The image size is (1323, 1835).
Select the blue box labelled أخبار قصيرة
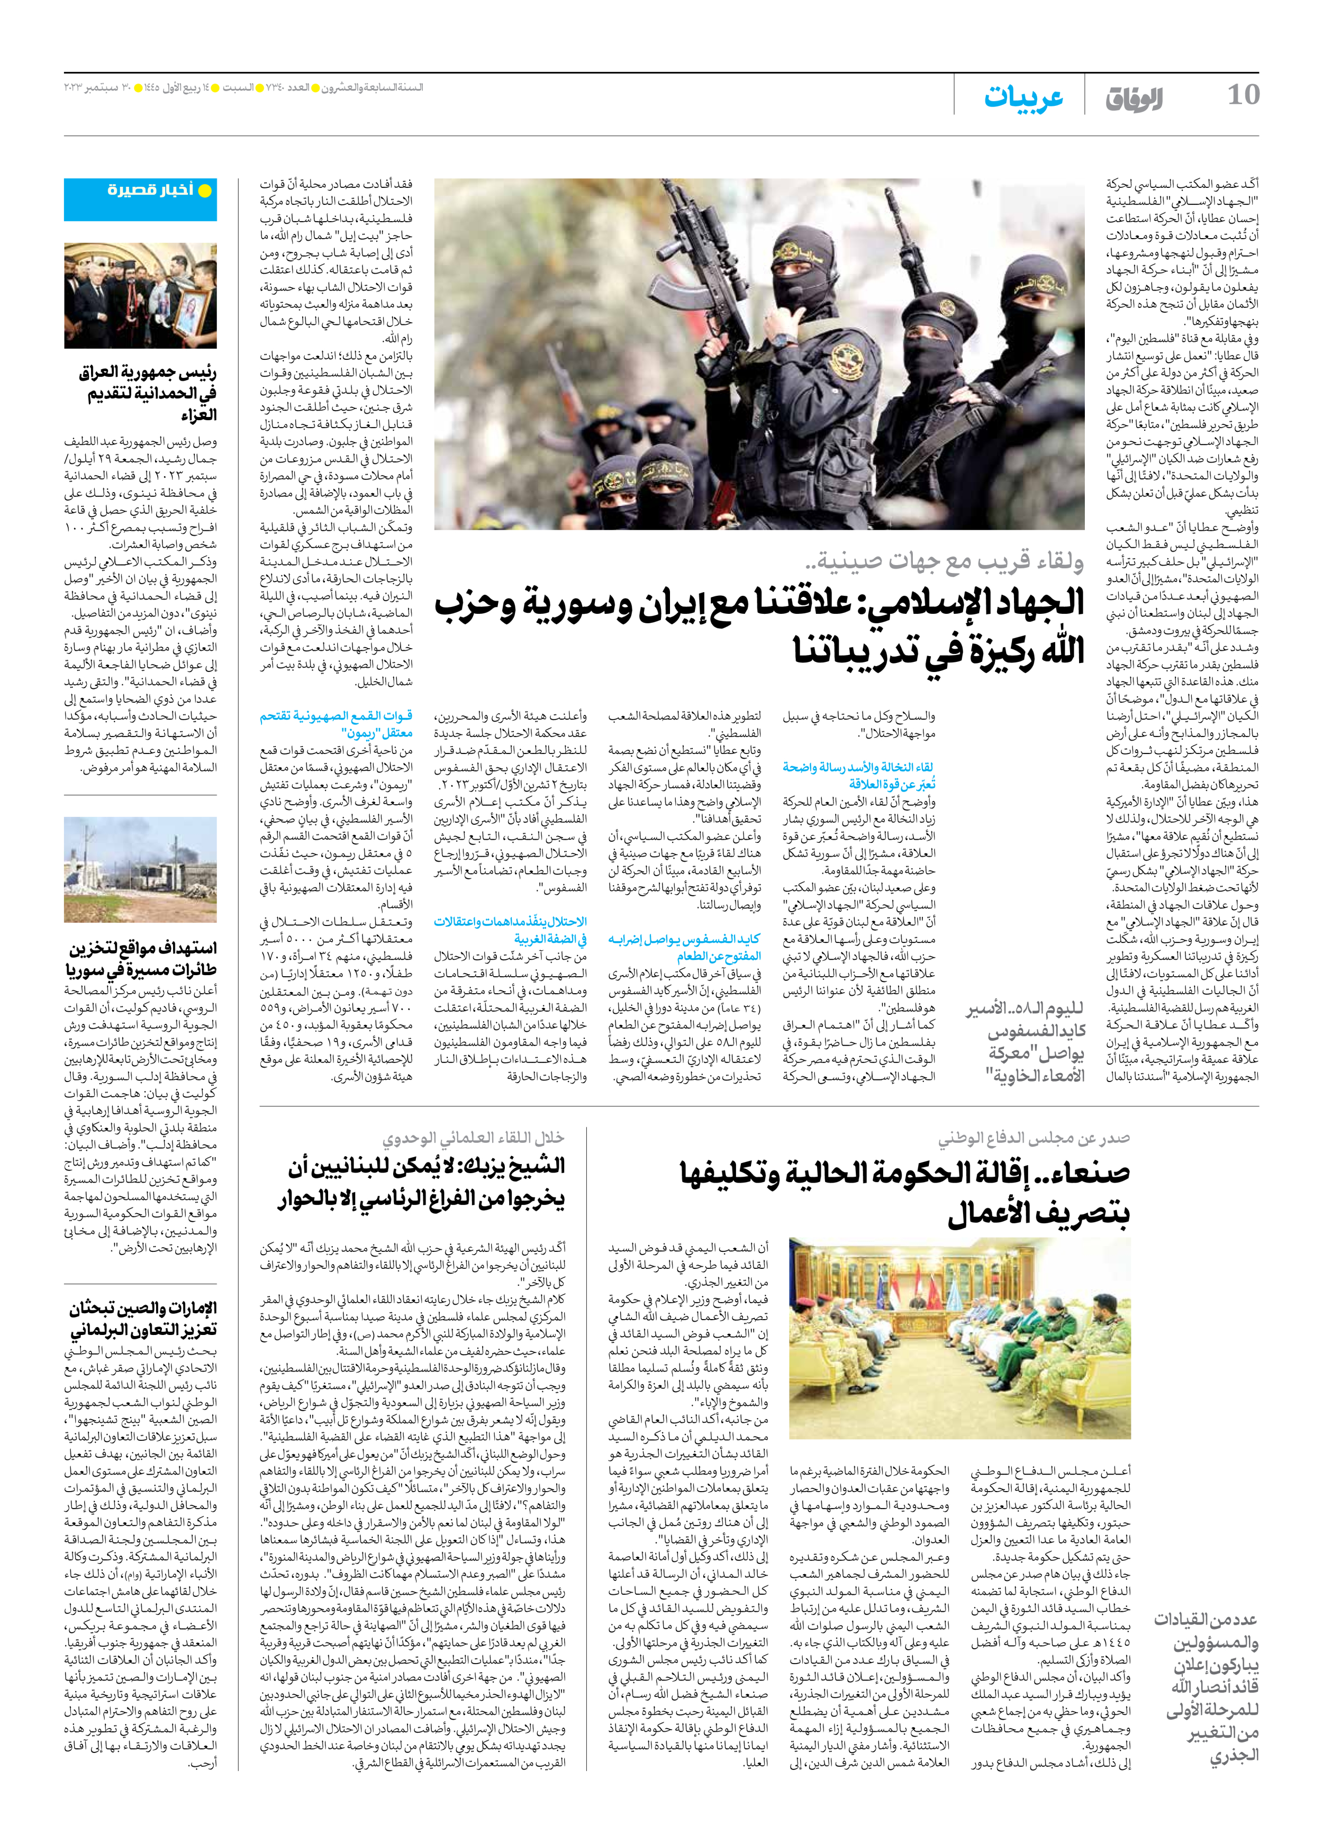[141, 199]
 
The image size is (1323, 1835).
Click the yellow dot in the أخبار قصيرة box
[205, 192]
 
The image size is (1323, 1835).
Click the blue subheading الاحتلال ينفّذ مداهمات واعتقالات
[510, 930]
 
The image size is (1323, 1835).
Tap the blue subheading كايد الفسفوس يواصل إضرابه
[684, 947]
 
